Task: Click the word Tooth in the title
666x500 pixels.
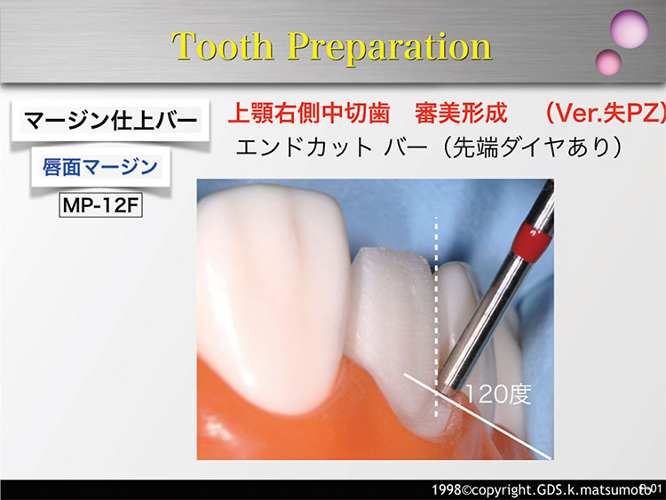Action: click(222, 46)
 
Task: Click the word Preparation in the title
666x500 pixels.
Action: click(390, 48)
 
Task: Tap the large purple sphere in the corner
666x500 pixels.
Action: click(629, 28)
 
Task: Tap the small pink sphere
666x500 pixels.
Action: click(608, 62)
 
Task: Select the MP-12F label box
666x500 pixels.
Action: click(100, 206)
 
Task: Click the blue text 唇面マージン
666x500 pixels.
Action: click(100, 167)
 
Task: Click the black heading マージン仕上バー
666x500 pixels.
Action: click(110, 121)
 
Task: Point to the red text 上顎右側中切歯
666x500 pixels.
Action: click(309, 114)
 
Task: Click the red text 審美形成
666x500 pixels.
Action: click(461, 114)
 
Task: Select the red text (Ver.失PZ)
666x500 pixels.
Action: click(605, 114)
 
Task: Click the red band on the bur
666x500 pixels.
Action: click(532, 242)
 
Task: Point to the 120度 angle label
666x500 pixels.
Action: click(498, 394)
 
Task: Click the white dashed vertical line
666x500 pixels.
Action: click(436, 317)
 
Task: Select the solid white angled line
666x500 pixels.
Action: click(478, 417)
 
